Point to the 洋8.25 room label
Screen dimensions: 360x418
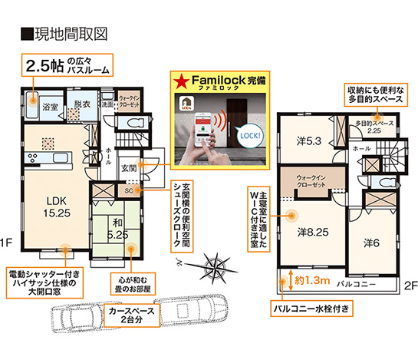(314, 230)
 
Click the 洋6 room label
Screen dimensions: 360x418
(372, 242)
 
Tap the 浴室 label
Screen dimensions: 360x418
(51, 106)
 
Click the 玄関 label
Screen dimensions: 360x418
(129, 167)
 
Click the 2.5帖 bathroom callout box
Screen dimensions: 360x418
(66, 64)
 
